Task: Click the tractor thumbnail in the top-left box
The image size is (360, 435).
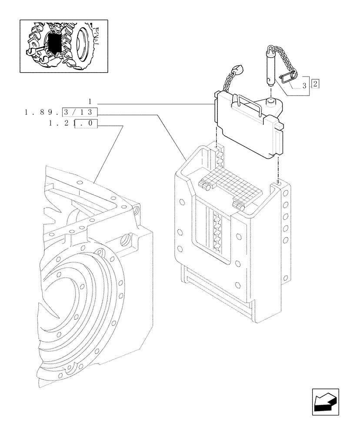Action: (64, 45)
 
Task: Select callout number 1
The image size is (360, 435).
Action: (90, 101)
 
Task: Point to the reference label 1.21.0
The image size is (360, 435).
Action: (73, 124)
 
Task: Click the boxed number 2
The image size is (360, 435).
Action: (315, 84)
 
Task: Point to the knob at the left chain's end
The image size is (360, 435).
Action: (237, 69)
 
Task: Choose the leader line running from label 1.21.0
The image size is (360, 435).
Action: (109, 152)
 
